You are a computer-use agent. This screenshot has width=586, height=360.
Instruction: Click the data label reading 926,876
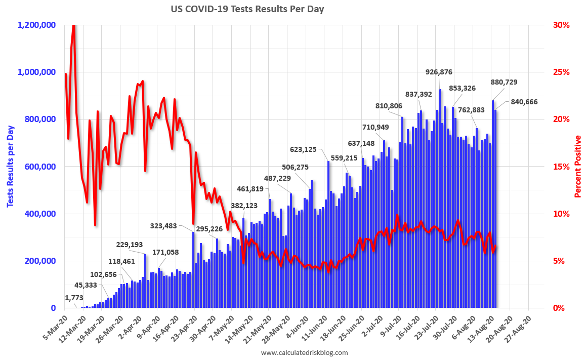coord(439,72)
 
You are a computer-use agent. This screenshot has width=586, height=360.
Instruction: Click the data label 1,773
coord(74,297)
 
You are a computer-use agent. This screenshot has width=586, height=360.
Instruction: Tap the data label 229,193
coord(130,245)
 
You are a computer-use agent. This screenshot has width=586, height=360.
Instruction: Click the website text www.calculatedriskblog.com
coord(304,352)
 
